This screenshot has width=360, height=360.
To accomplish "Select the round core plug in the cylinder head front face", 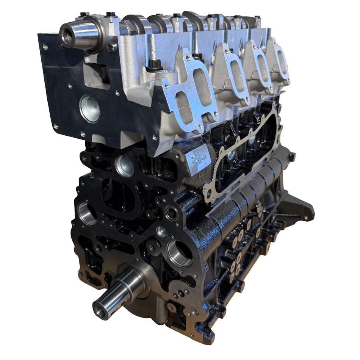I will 90,109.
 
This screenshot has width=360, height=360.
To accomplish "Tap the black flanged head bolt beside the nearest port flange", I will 155,64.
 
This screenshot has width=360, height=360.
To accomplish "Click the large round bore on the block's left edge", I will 87,214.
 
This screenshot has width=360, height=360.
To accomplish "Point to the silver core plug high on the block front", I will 125,166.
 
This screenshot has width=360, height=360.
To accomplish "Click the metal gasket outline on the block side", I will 243,152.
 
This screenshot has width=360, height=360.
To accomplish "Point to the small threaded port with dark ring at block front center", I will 172,213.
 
